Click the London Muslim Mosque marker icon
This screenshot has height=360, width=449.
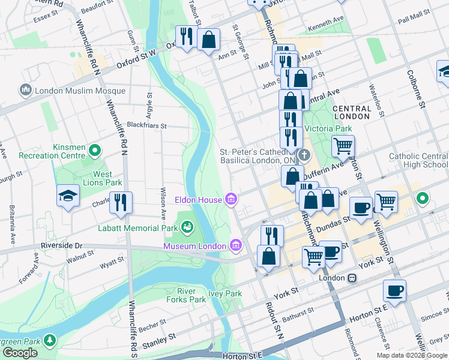(x=26, y=91)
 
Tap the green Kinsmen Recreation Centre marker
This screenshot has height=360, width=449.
(x=94, y=149)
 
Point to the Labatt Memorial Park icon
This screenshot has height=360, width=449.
(x=187, y=227)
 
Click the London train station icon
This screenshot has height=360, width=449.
(x=352, y=278)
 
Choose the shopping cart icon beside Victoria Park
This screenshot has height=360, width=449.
(x=343, y=145)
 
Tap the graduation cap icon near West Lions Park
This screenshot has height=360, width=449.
(x=68, y=196)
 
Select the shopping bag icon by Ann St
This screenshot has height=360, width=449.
(x=208, y=40)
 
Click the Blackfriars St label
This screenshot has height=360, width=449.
(x=146, y=126)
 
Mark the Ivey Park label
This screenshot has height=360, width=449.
(x=224, y=293)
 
